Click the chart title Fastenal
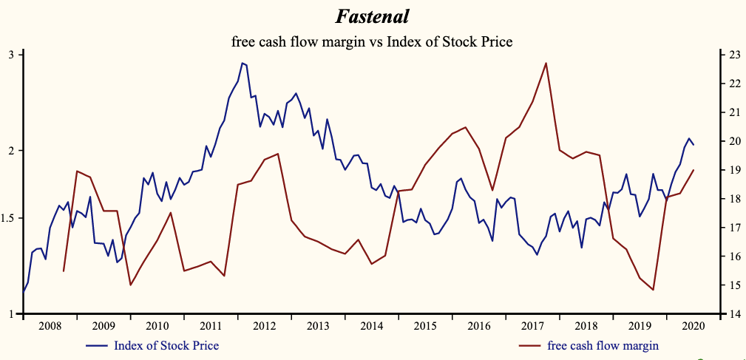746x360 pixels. point(372,16)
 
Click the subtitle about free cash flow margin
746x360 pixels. point(372,42)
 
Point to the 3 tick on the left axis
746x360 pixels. point(11,55)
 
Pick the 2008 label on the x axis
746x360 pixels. point(50,325)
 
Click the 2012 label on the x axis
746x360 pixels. point(264,325)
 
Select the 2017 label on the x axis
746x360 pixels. point(532,325)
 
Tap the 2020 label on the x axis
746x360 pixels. point(694,325)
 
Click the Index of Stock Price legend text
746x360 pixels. point(166,345)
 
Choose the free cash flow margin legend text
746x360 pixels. point(603,345)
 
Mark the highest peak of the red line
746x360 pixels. point(546,63)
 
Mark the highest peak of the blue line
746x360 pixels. point(242,64)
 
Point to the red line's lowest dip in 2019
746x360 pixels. point(654,290)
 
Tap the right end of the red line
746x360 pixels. point(694,170)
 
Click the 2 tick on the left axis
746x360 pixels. point(11,151)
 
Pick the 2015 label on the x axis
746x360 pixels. point(425,325)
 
